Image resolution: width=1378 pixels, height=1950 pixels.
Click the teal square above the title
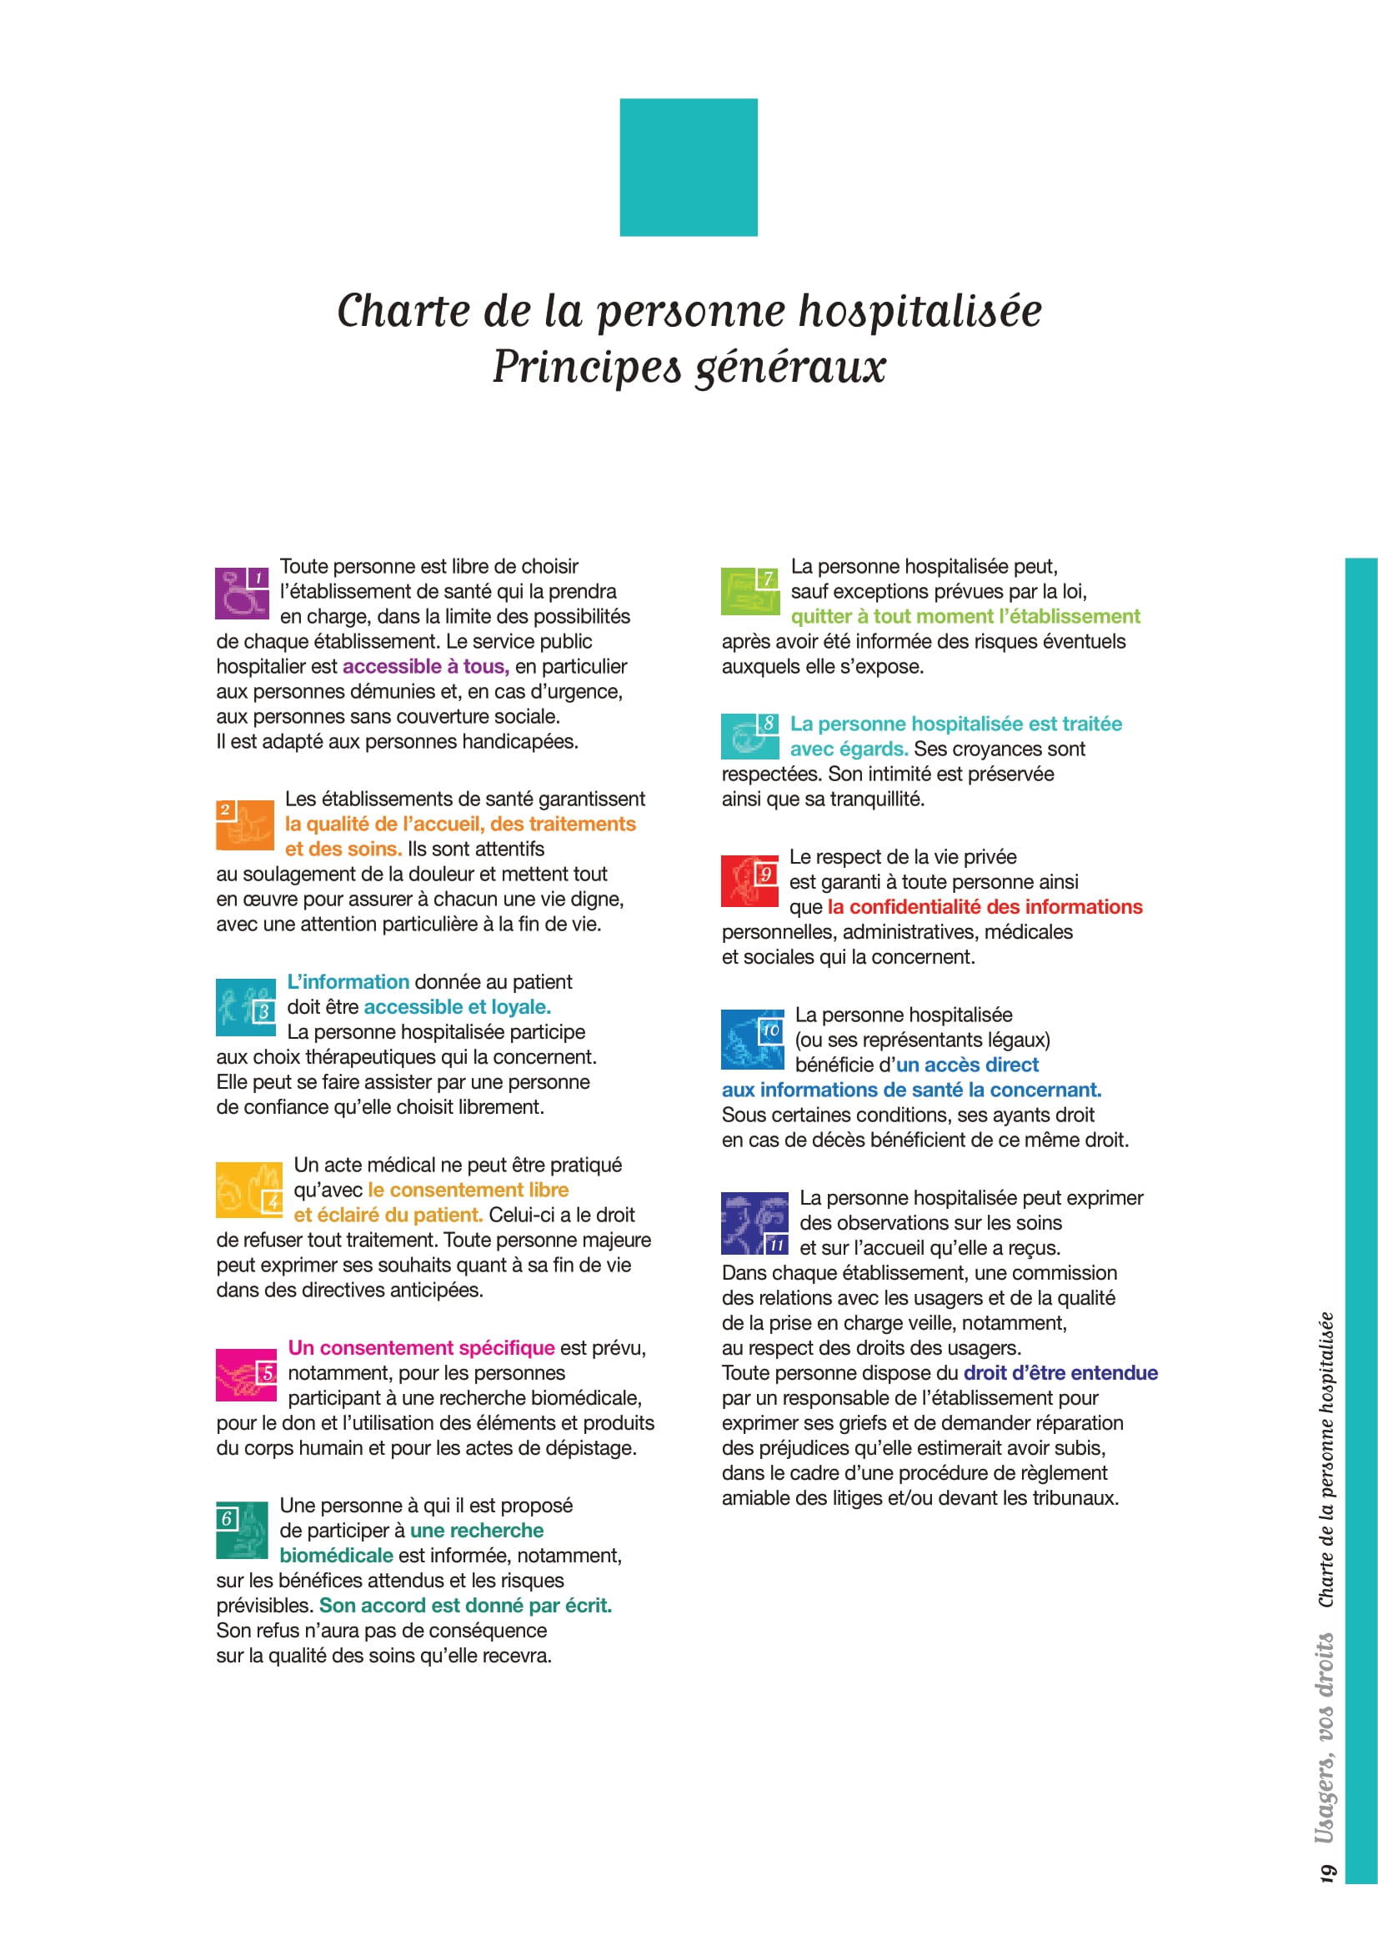click(x=688, y=168)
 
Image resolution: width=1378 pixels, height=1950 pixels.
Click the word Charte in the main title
click(x=403, y=311)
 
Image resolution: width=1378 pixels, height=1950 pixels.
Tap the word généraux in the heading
click(x=789, y=367)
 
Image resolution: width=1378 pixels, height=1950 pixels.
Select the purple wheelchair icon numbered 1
click(x=242, y=593)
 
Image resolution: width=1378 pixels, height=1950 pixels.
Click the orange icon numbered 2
click(x=244, y=825)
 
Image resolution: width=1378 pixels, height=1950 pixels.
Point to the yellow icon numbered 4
click(x=248, y=1190)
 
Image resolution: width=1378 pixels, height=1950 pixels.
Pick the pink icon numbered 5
click(x=245, y=1374)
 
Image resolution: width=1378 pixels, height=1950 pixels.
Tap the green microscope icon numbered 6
click(x=242, y=1531)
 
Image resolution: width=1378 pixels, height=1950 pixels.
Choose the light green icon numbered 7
click(x=749, y=591)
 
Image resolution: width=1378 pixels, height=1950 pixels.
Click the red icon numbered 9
click(x=749, y=880)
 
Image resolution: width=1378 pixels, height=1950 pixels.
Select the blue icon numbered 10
click(x=752, y=1039)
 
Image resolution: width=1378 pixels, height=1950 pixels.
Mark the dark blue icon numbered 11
click(x=754, y=1223)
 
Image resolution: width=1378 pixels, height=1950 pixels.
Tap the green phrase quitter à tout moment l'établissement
click(x=965, y=617)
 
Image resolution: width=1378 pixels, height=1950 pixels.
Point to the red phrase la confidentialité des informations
click(x=984, y=907)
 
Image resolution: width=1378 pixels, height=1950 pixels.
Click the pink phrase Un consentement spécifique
click(x=421, y=1348)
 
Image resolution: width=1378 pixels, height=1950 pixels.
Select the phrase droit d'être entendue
click(x=1060, y=1373)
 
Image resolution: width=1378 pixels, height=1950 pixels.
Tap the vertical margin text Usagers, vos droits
click(x=1325, y=1737)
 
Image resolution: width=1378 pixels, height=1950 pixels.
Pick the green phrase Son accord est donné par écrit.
click(x=465, y=1605)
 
